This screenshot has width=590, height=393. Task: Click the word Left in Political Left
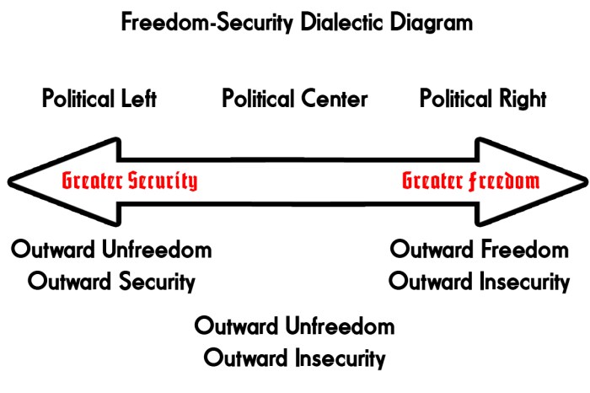point(138,99)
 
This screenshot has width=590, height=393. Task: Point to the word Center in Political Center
point(334,99)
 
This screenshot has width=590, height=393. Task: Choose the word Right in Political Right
point(523,99)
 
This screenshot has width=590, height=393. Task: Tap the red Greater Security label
point(129,180)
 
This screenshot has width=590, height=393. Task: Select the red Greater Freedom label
point(470,180)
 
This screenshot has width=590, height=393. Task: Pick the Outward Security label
point(112,281)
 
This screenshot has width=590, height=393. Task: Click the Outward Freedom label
point(480,250)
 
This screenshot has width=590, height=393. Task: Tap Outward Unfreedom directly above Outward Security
point(112,250)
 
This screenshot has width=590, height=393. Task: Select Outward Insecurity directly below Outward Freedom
point(479,281)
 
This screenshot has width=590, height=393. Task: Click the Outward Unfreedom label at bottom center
point(295,326)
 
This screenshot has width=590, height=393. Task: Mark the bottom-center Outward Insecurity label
point(295,357)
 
